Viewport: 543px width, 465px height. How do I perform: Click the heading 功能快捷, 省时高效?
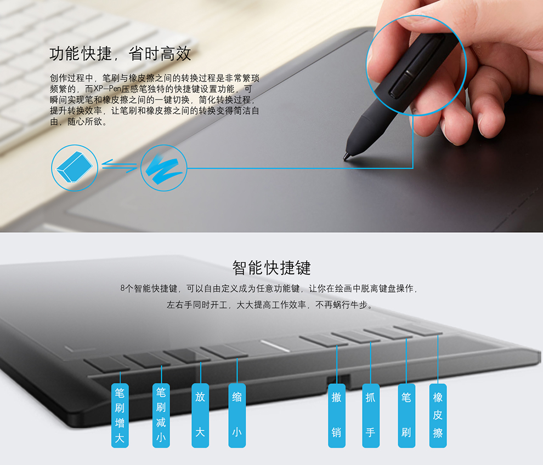click(x=120, y=54)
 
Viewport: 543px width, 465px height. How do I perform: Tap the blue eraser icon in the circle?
click(x=75, y=168)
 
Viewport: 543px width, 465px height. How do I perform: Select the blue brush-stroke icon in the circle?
click(x=163, y=168)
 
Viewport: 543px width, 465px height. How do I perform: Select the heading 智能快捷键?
click(x=271, y=268)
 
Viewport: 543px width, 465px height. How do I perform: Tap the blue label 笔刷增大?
click(x=120, y=415)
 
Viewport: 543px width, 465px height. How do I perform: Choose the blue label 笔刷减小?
click(x=161, y=415)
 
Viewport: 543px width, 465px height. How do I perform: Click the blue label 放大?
click(x=200, y=415)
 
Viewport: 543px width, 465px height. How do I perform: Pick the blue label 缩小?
click(x=237, y=415)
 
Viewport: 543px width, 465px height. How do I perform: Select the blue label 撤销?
click(x=337, y=415)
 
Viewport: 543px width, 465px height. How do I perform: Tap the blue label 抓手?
click(x=371, y=415)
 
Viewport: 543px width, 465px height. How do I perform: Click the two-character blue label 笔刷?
click(x=406, y=415)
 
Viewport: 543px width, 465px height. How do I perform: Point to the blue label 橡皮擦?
click(x=438, y=415)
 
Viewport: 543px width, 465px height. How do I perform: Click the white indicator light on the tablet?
click(x=275, y=346)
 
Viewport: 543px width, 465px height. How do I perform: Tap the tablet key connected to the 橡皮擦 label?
click(x=418, y=330)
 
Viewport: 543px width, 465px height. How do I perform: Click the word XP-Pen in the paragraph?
click(x=108, y=89)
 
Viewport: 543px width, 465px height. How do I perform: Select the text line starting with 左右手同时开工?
click(x=270, y=305)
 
